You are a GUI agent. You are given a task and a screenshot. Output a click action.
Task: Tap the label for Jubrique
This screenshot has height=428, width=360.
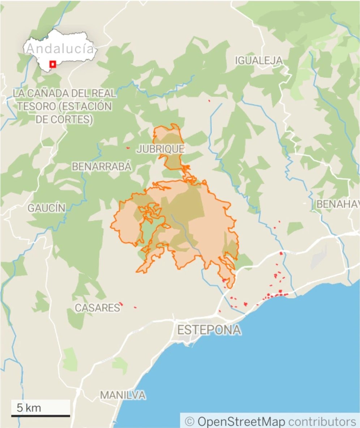coord(160,149)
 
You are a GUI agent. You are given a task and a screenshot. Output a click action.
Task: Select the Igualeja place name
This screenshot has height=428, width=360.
coord(258,60)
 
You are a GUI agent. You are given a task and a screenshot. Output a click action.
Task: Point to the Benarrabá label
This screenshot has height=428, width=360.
coord(102,167)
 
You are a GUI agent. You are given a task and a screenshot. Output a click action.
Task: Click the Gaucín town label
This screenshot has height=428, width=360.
coord(47,208)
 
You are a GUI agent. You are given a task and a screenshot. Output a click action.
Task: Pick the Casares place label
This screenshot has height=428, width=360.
coord(97,308)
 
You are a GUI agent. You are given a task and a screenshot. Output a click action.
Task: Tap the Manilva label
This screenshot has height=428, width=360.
coord(123,395)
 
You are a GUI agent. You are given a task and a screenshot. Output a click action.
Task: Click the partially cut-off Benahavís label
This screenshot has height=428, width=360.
coord(338,204)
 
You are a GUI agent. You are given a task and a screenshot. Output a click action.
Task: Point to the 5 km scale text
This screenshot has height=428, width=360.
coord(29,408)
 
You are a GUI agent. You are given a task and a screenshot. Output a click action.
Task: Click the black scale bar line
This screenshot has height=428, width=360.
coord(40,416)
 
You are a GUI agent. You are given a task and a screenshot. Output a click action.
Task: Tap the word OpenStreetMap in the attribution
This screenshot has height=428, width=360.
coord(241,421)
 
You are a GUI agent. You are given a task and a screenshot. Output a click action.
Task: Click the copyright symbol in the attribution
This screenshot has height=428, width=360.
coord(189,421)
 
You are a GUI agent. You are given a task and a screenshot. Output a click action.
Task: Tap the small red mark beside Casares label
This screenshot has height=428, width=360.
coord(121,304)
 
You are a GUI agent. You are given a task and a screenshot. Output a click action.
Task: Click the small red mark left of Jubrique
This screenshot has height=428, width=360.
coord(128,147)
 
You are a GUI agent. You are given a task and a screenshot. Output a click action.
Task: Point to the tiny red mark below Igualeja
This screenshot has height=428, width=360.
coord(209,101)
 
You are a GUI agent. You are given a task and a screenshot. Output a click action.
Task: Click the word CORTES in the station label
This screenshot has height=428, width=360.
coord(74,119)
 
